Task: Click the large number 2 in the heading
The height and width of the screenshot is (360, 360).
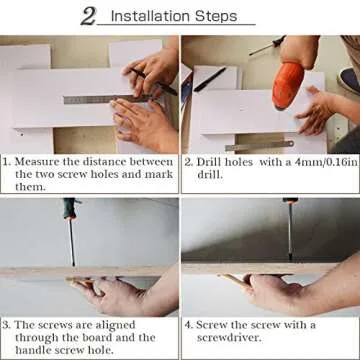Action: point(89,15)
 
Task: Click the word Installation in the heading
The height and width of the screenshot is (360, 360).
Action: point(153,17)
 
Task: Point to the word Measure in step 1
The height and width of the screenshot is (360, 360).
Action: point(42,160)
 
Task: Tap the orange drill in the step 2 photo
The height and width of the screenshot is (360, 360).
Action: point(290,84)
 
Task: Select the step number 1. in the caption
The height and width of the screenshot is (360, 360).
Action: point(7,160)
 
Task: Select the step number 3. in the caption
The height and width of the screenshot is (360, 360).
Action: point(7,324)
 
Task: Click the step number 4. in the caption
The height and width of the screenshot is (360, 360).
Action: point(189,324)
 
